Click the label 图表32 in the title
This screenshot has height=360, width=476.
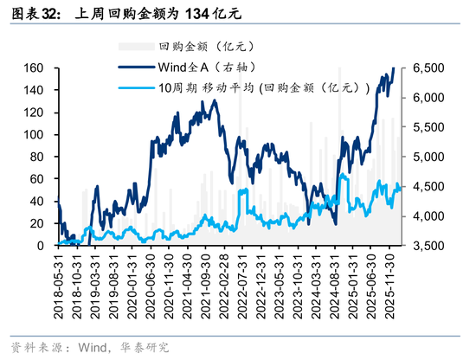32,15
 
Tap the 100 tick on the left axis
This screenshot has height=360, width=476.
34,134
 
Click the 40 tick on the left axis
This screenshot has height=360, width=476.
37,201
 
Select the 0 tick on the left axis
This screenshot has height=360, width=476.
41,246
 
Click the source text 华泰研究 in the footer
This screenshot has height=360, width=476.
145,348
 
